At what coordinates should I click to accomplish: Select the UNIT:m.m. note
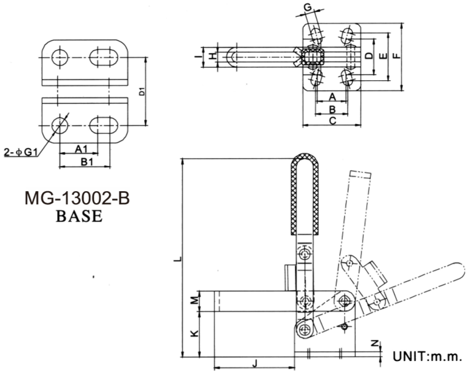point(427,357)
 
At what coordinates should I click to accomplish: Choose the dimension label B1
point(86,162)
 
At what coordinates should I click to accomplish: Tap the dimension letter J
point(255,362)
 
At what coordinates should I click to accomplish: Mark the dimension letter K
point(193,333)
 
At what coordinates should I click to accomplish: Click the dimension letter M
point(193,300)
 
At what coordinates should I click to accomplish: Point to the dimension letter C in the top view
point(332,120)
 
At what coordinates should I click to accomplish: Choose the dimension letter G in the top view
point(308,7)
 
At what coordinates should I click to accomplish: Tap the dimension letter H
point(213,56)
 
